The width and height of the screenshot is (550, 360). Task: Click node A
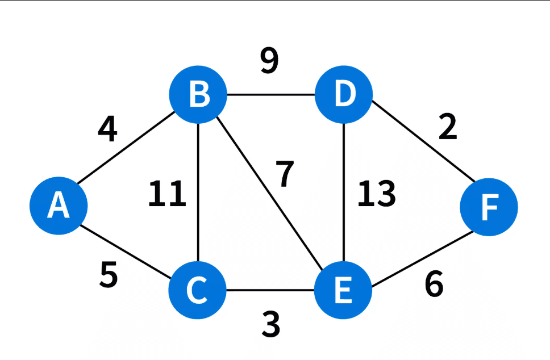click(x=59, y=206)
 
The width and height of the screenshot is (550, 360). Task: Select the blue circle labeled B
click(x=198, y=94)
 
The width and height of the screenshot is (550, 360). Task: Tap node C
click(x=198, y=290)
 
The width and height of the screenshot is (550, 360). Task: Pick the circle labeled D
click(x=343, y=94)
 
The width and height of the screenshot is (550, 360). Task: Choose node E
click(x=343, y=290)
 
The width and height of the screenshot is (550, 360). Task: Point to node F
click(x=489, y=207)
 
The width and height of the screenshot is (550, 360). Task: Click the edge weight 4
click(x=107, y=129)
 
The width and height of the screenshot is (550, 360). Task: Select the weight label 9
click(x=269, y=61)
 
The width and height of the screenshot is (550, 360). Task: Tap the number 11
click(x=167, y=193)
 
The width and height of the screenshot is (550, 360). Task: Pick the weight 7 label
click(x=285, y=174)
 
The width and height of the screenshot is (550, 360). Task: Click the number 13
click(x=377, y=193)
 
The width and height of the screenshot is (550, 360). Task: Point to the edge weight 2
click(x=448, y=127)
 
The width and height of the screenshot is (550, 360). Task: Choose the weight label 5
click(x=109, y=275)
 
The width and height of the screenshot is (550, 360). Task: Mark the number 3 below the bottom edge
click(x=271, y=325)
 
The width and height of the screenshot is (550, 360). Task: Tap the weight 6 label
click(x=434, y=284)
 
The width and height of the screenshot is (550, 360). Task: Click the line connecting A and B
click(x=126, y=148)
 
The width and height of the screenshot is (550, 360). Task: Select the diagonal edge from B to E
click(x=269, y=194)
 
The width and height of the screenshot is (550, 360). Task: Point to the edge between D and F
click(x=423, y=141)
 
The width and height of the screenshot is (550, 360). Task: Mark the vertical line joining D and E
click(x=344, y=192)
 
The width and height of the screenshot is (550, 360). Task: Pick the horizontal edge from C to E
click(x=270, y=290)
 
